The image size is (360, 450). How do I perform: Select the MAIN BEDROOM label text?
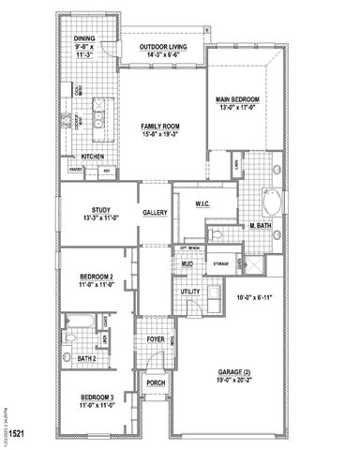(237, 98)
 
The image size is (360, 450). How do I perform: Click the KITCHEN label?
(93, 157)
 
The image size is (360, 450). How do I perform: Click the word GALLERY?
(156, 213)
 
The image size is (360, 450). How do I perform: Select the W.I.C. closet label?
(201, 203)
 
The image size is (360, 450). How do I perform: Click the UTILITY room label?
(191, 292)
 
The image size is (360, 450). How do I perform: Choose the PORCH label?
(155, 382)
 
